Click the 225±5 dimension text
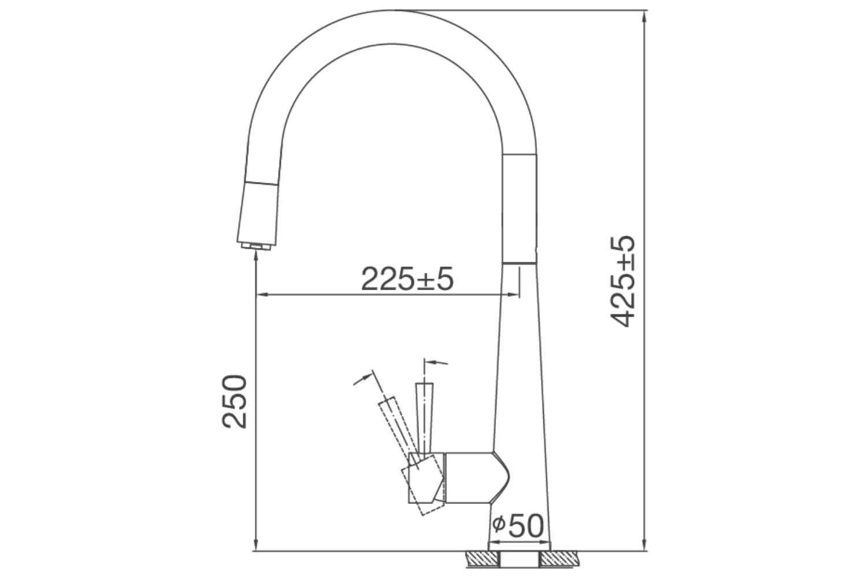pos(407,279)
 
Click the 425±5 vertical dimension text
pos(624,281)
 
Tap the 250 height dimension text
pos(235,402)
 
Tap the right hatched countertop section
pos(559,559)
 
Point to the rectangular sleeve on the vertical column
pos(521,208)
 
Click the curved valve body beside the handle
pos(477,477)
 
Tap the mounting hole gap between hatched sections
pos(520,559)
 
